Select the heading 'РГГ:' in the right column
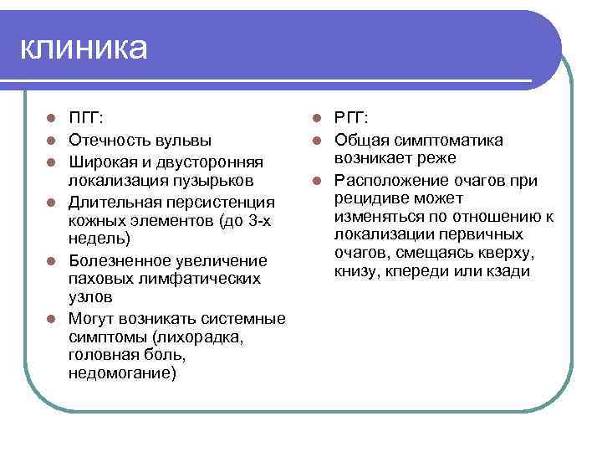pos(351,119)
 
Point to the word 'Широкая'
pos(103,160)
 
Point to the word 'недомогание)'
pos(122,374)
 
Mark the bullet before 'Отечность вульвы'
pos(51,140)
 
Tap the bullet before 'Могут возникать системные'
pos(51,319)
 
